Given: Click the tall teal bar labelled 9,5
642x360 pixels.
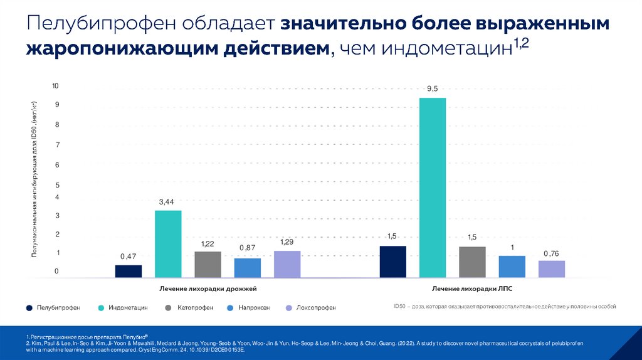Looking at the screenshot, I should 433,188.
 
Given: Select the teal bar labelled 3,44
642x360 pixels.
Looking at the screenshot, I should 168,244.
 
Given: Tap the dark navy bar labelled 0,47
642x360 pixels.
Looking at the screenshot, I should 129,271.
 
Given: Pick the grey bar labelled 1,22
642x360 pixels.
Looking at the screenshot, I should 208,264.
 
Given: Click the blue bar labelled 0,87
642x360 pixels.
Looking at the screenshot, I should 248,268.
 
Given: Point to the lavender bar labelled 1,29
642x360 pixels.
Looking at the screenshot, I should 287,264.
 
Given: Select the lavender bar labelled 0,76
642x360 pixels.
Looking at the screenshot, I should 552,269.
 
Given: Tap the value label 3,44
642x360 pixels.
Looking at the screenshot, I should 167,202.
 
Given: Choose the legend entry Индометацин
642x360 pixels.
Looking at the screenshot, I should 128,308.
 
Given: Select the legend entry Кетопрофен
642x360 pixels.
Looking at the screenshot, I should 195,308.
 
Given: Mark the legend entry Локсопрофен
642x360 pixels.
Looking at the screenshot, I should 315,308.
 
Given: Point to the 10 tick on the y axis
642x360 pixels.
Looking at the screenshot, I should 55,85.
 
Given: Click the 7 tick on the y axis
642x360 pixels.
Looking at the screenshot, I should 56,145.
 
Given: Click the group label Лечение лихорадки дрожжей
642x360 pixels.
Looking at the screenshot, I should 208,289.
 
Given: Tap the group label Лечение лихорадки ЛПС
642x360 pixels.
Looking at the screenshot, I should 472,289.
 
